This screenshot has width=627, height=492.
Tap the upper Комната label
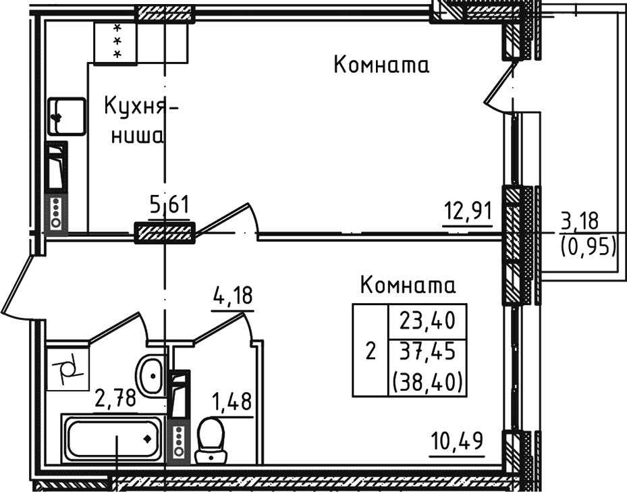(381, 65)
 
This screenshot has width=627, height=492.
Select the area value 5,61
(168, 203)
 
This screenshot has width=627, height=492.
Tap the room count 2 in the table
(369, 352)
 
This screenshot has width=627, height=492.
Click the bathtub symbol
(112, 439)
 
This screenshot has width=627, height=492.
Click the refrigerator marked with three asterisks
(115, 42)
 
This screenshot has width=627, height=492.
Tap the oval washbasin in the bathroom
(151, 373)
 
